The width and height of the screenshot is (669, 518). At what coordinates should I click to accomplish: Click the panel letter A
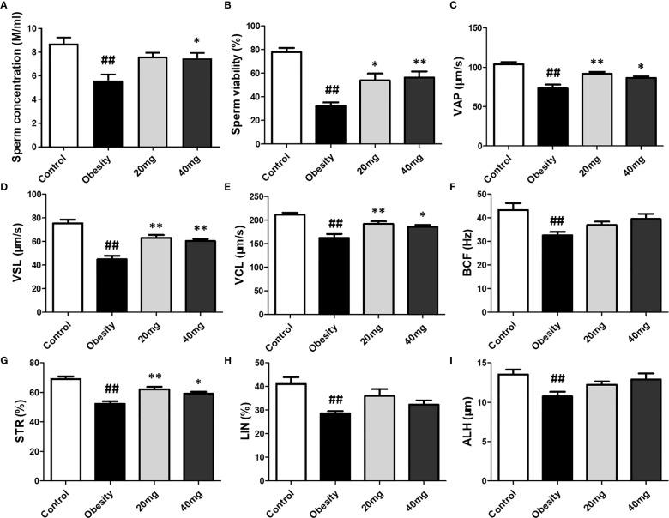point(6,8)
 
